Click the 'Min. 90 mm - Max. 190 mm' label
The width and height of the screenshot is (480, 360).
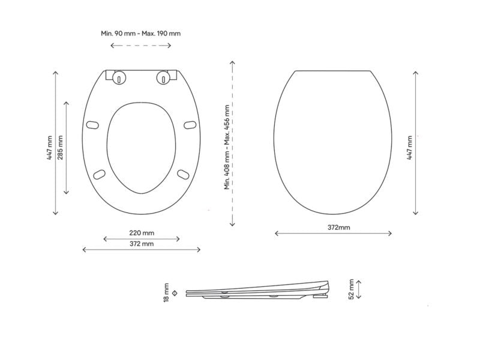[x=140, y=33]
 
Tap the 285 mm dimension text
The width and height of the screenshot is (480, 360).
[x=60, y=148]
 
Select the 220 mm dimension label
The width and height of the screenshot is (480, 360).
[x=142, y=233]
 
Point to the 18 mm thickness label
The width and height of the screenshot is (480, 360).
[x=166, y=293]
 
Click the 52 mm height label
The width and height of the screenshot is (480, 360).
[x=351, y=289]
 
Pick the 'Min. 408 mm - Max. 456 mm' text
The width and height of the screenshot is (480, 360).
[x=227, y=147]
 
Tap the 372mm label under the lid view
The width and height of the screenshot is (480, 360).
[x=338, y=227]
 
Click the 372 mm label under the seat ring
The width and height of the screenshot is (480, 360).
[x=142, y=244]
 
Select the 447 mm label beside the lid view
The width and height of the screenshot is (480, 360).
[x=409, y=148]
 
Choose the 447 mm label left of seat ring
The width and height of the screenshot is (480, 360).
[x=50, y=148]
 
